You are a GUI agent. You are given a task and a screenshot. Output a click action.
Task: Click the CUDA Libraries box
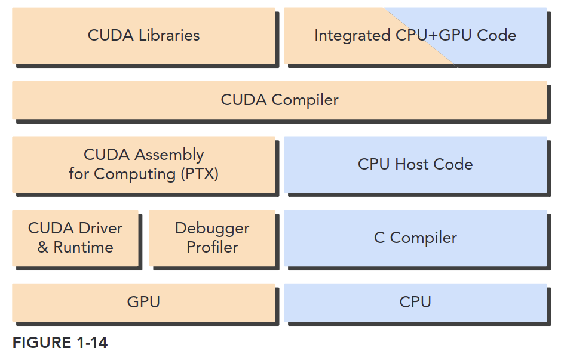tap(143, 36)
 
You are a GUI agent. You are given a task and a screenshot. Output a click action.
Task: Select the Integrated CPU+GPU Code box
tap(415, 36)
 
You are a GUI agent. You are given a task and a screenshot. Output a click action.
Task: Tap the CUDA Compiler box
tap(280, 100)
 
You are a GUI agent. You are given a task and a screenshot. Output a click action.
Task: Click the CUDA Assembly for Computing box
tap(143, 164)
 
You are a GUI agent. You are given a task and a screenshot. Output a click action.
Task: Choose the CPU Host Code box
tap(415, 164)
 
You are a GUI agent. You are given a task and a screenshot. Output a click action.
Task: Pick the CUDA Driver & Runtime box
tap(75, 238)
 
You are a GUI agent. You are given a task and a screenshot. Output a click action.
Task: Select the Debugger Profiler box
tap(212, 238)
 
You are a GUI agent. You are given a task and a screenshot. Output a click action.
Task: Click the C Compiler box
tap(415, 238)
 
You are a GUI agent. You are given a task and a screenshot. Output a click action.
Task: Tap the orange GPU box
tap(143, 303)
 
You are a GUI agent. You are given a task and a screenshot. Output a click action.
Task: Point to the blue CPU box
tap(415, 303)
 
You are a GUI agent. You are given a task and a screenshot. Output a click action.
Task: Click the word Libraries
tap(169, 35)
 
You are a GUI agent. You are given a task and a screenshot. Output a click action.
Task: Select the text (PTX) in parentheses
tap(200, 174)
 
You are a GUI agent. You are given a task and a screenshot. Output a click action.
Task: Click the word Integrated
tap(352, 36)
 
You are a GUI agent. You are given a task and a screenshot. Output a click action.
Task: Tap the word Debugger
tap(212, 229)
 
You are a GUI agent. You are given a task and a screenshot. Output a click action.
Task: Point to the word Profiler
tap(212, 247)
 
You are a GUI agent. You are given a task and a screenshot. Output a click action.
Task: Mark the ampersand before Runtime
tap(43, 247)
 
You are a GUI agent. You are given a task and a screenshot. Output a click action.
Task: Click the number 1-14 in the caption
tap(92, 343)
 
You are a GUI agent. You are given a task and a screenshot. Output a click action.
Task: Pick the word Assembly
tap(169, 155)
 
